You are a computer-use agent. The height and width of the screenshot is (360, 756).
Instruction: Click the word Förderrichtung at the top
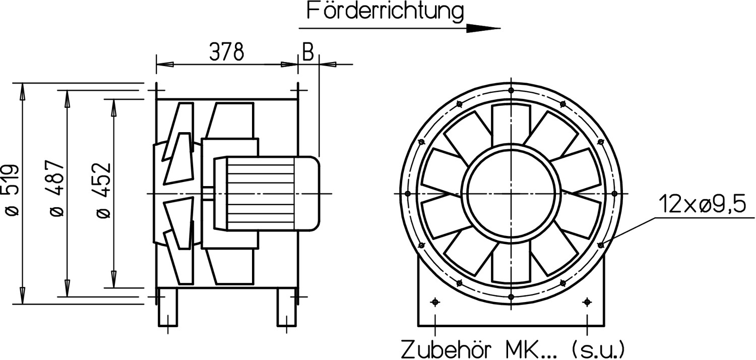pyautogui.click(x=385, y=12)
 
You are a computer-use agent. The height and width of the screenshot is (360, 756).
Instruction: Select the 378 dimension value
pyautogui.click(x=227, y=51)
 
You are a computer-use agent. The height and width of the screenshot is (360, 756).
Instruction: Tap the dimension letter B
pyautogui.click(x=308, y=51)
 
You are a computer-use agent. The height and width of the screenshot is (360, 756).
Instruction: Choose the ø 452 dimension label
pyautogui.click(x=103, y=191)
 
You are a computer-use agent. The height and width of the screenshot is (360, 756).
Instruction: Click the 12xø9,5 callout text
pyautogui.click(x=703, y=206)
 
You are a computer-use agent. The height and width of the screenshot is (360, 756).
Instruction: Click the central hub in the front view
pyautogui.click(x=511, y=193)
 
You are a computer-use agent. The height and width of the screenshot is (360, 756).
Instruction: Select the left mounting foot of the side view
pyautogui.click(x=168, y=308)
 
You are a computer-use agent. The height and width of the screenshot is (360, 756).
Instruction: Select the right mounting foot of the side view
pyautogui.click(x=286, y=308)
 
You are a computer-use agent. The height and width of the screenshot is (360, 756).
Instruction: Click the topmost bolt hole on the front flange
pyautogui.click(x=511, y=90)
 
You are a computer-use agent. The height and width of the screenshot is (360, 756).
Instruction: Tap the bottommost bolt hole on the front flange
pyautogui.click(x=511, y=296)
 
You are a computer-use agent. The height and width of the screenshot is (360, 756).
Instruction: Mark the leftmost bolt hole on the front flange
pyautogui.click(x=408, y=193)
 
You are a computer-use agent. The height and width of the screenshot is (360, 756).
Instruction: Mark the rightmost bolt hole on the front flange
pyautogui.click(x=614, y=193)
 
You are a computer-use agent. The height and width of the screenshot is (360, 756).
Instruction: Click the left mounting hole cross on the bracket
pyautogui.click(x=435, y=302)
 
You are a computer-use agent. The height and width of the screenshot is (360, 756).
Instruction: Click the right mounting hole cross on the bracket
pyautogui.click(x=587, y=302)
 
